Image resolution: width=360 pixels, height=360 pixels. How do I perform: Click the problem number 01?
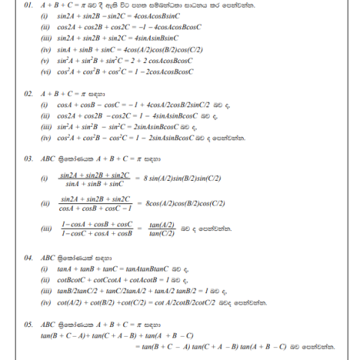click(x=28, y=5)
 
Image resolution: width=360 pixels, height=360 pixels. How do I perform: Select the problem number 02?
click(x=28, y=93)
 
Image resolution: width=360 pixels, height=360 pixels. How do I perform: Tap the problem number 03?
click(x=28, y=159)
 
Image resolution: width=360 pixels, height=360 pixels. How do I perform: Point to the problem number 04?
click(x=28, y=255)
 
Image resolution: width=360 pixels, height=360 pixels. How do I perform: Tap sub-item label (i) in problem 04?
click(x=44, y=268)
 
